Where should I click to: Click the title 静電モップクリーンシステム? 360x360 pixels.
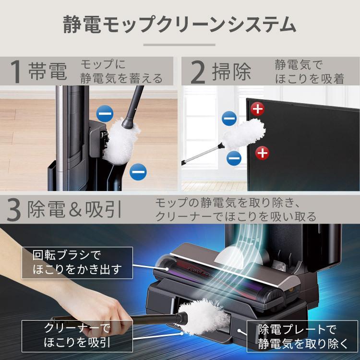pos(180,24)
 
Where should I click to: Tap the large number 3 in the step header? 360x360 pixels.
pos(14,209)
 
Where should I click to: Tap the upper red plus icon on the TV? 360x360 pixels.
pos(258,109)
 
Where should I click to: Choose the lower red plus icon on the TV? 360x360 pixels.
pos(261,154)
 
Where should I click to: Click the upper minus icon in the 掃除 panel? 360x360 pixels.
pos(229,118)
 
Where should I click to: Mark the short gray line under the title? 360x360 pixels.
pos(180,46)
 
